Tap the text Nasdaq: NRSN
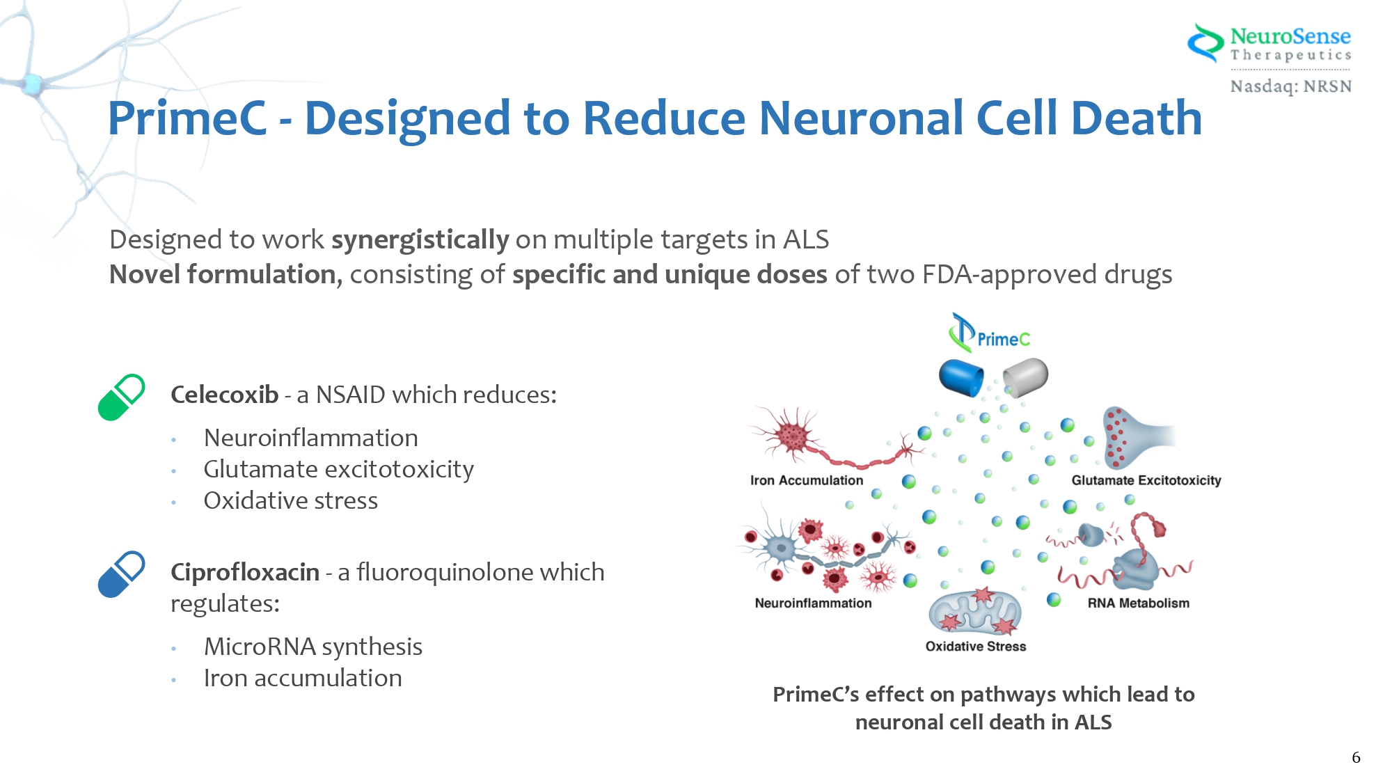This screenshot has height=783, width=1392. pos(1290,86)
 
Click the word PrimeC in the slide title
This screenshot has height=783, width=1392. pos(187,118)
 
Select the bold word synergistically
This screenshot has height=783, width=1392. pos(420,239)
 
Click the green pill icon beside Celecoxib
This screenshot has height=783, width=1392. pos(121,397)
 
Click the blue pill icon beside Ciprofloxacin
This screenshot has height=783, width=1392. pos(121,574)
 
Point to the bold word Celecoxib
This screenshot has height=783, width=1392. pos(224,395)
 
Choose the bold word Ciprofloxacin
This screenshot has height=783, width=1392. pos(245,572)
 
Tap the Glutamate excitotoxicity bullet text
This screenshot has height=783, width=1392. pos(338,469)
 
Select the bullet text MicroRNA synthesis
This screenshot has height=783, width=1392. pos(313,647)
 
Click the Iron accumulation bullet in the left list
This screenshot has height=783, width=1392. pos(303,678)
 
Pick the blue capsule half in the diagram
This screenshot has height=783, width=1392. pos(960,378)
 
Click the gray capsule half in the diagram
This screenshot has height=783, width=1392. pos(1026,377)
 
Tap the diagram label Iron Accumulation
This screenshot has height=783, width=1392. pos(806,480)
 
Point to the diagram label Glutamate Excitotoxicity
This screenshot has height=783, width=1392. pos(1146,480)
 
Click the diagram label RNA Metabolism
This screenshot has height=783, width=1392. pos(1138,603)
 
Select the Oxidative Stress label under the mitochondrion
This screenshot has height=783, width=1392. pos(975,646)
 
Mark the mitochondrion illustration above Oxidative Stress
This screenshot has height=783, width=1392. pos(975,613)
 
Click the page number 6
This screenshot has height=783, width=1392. pos(1356,757)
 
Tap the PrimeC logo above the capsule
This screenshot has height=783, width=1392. pos(989,335)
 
